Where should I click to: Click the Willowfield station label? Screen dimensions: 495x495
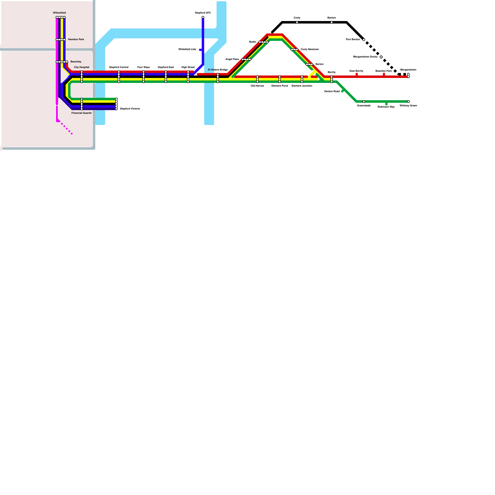tap(59, 13)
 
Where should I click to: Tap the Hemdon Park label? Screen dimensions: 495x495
tap(76, 40)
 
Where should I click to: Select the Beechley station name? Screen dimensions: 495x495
tap(76, 62)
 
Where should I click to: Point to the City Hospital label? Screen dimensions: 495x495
tap(82, 67)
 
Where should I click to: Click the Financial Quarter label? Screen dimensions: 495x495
tap(82, 113)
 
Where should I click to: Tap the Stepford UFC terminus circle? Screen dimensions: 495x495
tap(203, 17)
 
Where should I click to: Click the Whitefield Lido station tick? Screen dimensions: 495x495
tap(200, 49)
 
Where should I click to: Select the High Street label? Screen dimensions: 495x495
tap(188, 67)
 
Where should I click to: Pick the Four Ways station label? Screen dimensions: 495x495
tap(144, 67)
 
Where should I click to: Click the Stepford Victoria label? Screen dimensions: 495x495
tap(130, 109)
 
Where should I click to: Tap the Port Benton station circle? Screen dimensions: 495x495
tap(364, 40)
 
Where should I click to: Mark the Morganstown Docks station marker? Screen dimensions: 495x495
tap(381, 57)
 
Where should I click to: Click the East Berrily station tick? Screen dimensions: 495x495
tap(357, 75)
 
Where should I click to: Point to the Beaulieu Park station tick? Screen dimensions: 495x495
tap(384, 75)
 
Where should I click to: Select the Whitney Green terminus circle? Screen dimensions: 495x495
tap(408, 101)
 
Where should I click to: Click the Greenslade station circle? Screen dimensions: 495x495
tap(364, 101)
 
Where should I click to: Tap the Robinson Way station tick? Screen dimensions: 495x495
tap(386, 104)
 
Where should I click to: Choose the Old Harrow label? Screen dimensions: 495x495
tap(257, 86)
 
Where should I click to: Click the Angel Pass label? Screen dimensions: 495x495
tap(232, 59)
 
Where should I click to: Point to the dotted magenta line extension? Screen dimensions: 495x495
tap(66, 128)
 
